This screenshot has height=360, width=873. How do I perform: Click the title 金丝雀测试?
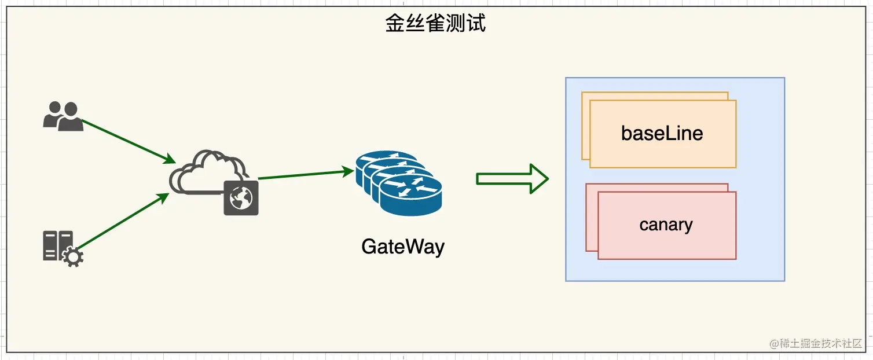point(435,23)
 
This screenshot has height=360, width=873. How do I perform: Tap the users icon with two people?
point(63,116)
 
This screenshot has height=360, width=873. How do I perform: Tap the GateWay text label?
point(403,247)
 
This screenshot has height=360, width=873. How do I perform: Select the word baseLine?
point(662,134)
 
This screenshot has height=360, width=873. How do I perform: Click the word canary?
point(666,225)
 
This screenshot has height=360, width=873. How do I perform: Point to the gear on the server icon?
point(72,256)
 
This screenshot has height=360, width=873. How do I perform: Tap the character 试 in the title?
point(476,23)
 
